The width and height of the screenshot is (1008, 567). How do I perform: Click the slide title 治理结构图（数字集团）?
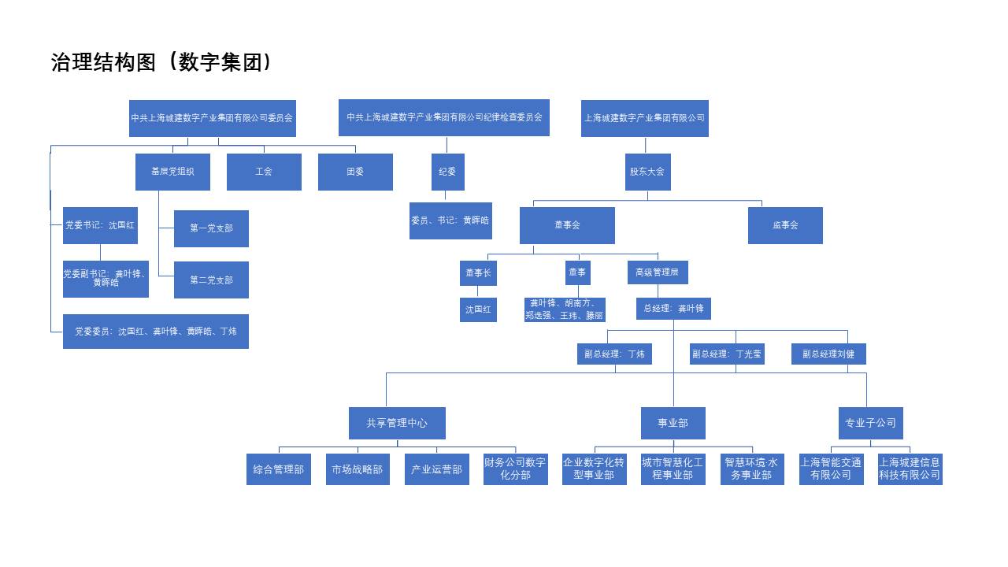[161, 63]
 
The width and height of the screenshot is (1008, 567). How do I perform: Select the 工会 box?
[264, 172]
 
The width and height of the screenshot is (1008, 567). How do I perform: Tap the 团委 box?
[355, 172]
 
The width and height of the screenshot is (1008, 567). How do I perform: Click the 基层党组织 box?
[172, 172]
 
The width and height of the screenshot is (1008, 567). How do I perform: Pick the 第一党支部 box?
[211, 228]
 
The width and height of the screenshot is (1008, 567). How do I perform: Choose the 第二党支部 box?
[211, 280]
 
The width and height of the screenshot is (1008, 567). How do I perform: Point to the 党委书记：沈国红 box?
[100, 225]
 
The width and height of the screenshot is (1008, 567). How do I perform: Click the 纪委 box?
[447, 172]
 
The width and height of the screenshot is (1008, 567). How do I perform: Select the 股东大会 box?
[647, 172]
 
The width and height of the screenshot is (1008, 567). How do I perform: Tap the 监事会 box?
[785, 225]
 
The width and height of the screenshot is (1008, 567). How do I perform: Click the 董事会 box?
[567, 225]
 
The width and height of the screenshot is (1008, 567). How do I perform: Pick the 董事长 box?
[478, 272]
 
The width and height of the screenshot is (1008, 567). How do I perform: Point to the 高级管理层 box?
[658, 272]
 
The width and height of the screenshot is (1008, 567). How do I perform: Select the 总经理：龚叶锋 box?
[673, 309]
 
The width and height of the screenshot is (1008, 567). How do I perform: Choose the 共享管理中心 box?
[397, 423]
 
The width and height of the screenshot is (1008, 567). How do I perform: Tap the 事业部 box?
[673, 423]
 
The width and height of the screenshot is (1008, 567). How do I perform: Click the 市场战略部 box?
[358, 469]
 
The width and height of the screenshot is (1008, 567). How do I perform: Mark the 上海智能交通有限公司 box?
[831, 469]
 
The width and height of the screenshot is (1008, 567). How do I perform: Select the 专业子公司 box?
[870, 423]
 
